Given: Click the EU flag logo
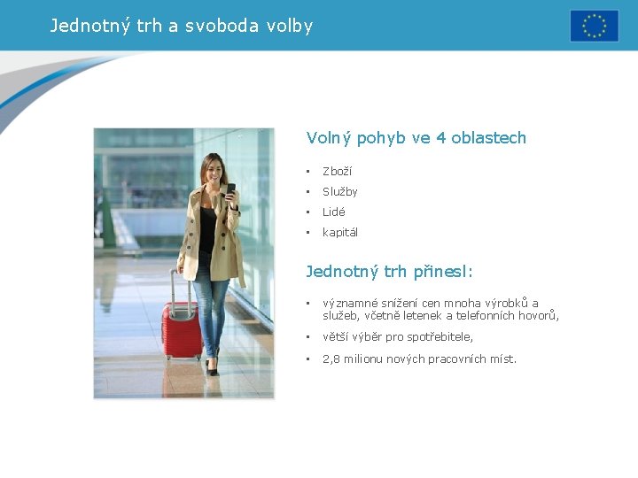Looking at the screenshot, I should coord(594,26).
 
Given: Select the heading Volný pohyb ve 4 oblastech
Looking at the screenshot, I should coord(416,138).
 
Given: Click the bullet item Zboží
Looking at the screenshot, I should coord(337,171).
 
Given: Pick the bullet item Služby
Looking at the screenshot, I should coord(340,191).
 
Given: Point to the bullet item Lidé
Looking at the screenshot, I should coord(334,212).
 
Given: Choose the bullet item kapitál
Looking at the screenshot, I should coord(340,232).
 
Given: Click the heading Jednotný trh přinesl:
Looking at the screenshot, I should coord(390,272).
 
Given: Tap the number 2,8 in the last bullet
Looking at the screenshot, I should coord(331,358).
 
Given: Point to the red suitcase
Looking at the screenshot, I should coord(182,328).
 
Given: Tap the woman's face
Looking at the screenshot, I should coord(213,169).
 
